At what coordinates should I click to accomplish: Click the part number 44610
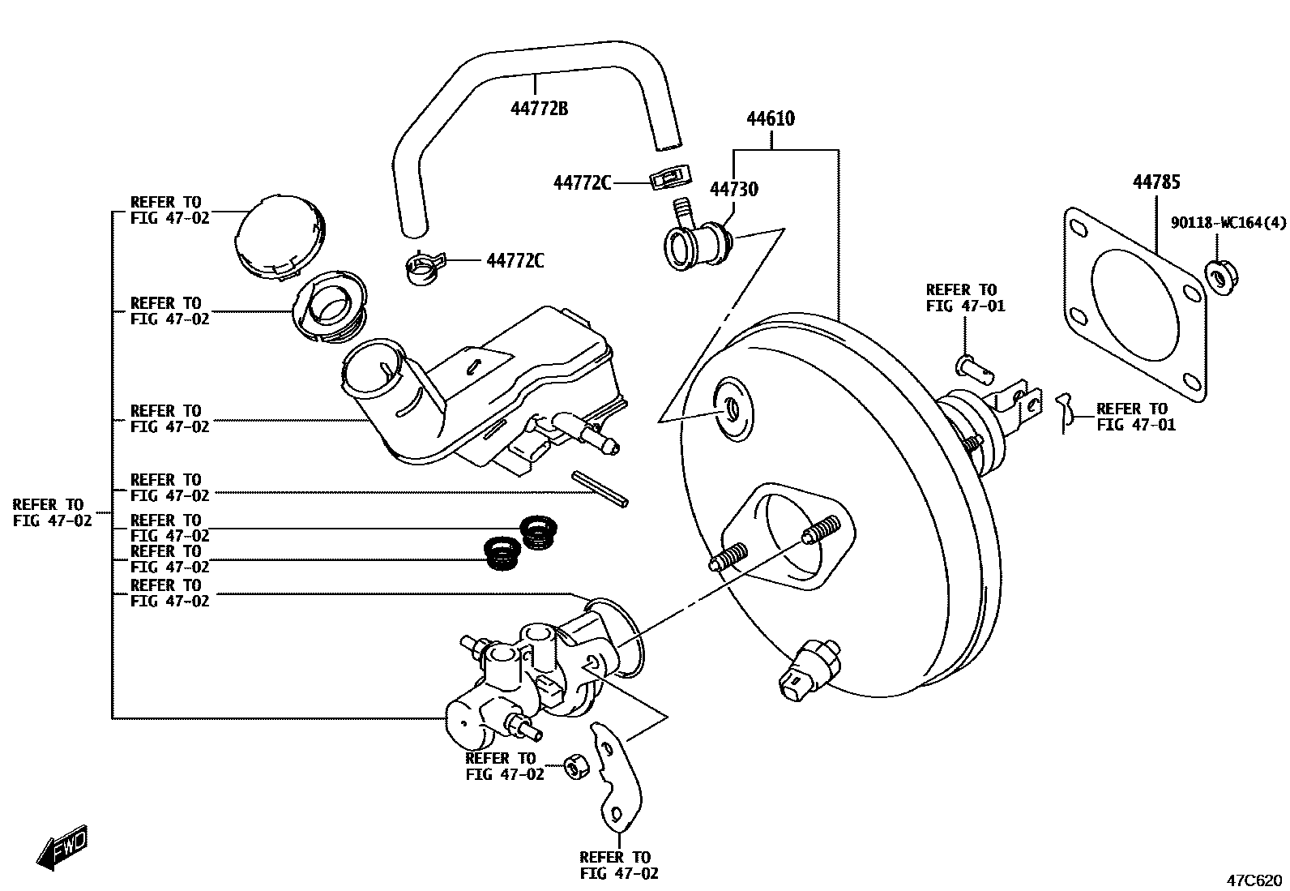(x=770, y=119)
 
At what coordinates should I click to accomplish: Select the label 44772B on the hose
(x=538, y=107)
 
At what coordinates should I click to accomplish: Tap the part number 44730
(x=733, y=189)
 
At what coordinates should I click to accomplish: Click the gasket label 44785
(x=1155, y=182)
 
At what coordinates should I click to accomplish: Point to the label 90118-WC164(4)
(x=1228, y=222)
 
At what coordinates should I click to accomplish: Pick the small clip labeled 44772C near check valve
(x=668, y=178)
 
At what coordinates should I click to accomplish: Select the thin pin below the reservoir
(x=599, y=489)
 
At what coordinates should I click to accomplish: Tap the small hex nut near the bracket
(x=576, y=765)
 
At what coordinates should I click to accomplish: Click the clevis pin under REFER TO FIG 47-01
(x=972, y=367)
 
